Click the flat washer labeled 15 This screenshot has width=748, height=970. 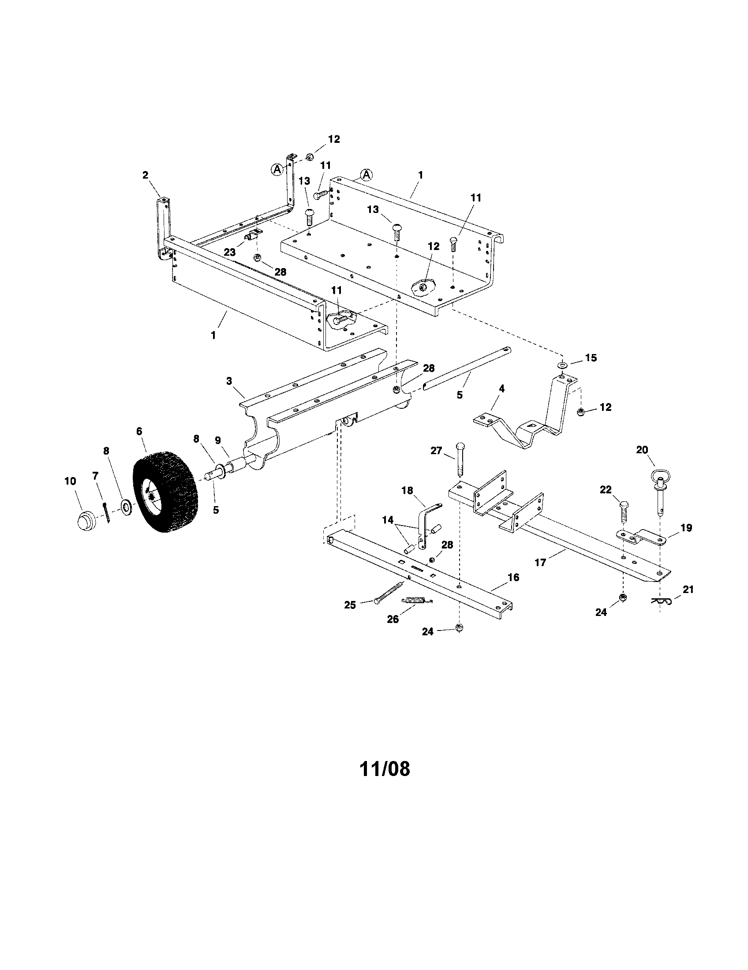(562, 365)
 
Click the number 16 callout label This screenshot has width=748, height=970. (513, 578)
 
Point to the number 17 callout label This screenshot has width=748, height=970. (540, 563)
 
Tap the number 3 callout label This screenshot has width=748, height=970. (229, 381)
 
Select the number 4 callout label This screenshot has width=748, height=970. (501, 388)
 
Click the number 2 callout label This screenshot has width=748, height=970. (145, 175)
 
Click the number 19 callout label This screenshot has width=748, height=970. (686, 528)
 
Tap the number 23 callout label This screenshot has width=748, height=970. (229, 252)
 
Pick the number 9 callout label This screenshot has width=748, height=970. (217, 440)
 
